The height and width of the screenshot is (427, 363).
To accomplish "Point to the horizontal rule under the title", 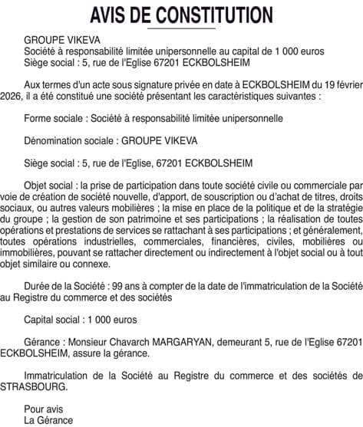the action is coord(181,28).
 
